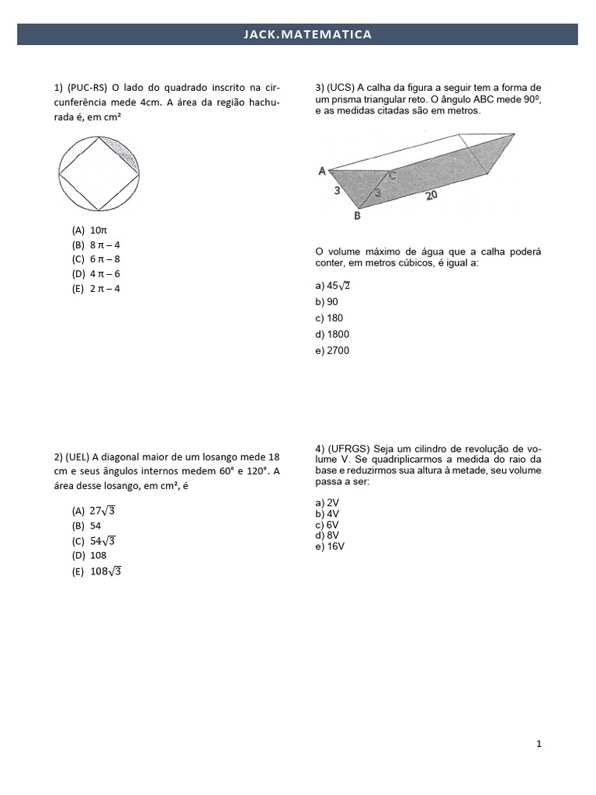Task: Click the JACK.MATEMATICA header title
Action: (297, 34)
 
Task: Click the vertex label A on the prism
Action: (321, 171)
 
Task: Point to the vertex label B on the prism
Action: (357, 217)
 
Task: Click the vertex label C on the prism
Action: (393, 176)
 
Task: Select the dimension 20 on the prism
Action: (431, 196)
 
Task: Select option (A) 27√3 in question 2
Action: (96, 511)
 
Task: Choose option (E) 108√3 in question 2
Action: (98, 571)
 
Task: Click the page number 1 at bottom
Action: (539, 745)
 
